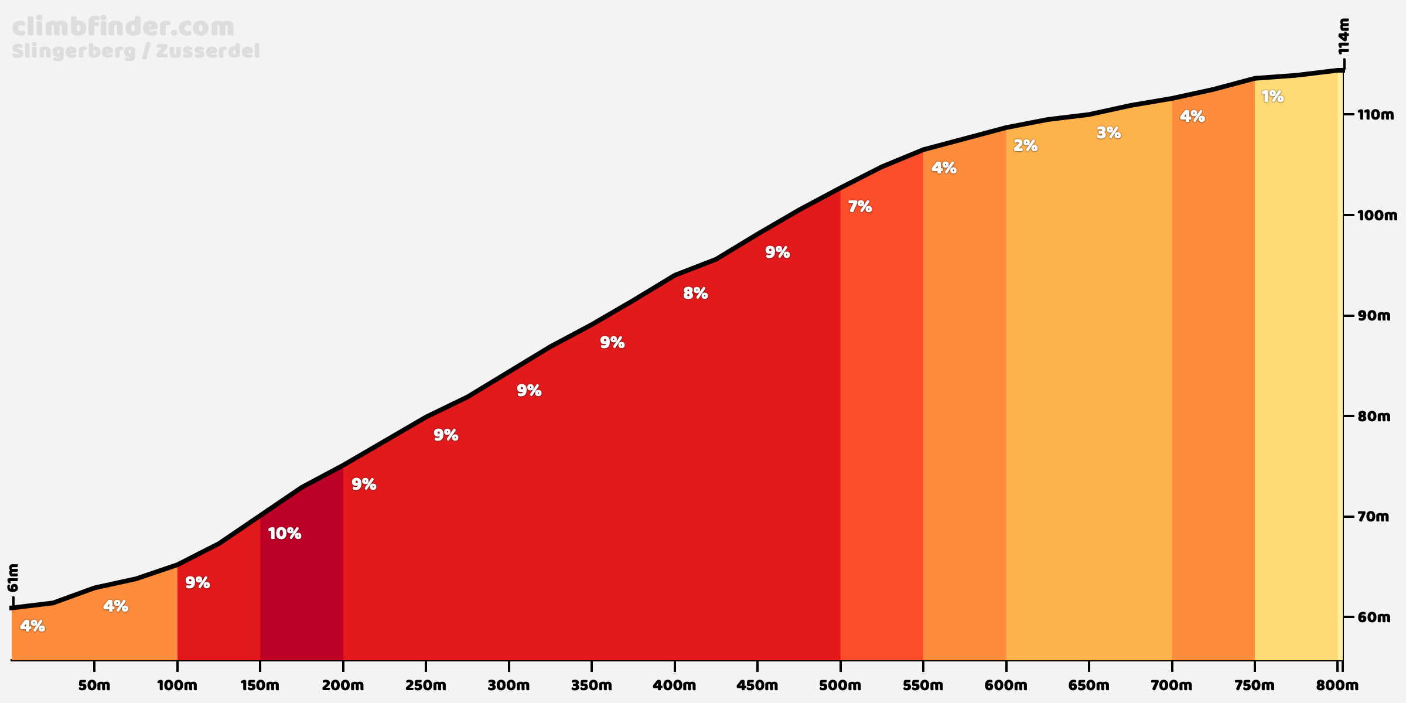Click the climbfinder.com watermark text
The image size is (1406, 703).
123,28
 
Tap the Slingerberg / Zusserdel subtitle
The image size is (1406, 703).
135,52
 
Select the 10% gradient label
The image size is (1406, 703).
285,534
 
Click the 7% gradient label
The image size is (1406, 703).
860,207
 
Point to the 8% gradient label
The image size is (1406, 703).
695,294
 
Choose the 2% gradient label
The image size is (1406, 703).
1025,146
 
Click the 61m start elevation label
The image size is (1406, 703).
13,578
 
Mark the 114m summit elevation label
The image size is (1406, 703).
1344,36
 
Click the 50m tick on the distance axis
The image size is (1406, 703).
94,685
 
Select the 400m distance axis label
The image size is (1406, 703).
674,685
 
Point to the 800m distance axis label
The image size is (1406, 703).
1337,685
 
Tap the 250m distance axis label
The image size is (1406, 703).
426,685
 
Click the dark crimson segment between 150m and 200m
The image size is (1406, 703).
302,586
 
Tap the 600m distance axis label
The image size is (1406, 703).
1006,685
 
